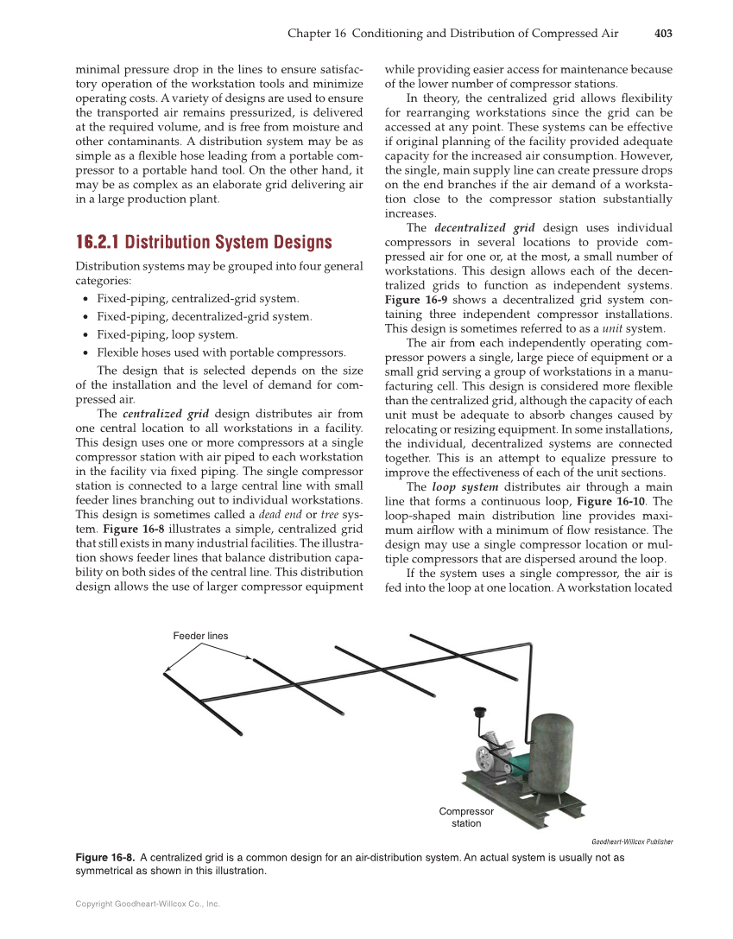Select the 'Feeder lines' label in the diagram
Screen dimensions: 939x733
point(200,636)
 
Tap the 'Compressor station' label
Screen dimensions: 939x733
point(466,817)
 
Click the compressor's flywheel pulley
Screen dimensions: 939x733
point(485,761)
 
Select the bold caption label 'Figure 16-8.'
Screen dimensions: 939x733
point(105,858)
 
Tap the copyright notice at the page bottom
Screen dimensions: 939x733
point(148,904)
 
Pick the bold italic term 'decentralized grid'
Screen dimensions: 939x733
point(484,228)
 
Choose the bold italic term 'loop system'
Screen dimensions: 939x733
point(464,487)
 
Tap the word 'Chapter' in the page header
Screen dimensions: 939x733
point(309,34)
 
